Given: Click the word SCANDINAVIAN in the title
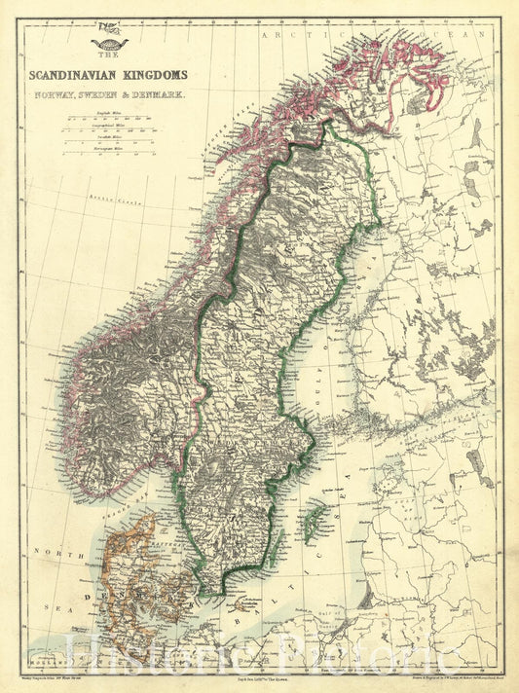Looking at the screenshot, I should click(86, 74).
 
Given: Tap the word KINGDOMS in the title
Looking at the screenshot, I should click(158, 74).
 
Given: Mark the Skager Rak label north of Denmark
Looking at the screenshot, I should click(117, 502).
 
